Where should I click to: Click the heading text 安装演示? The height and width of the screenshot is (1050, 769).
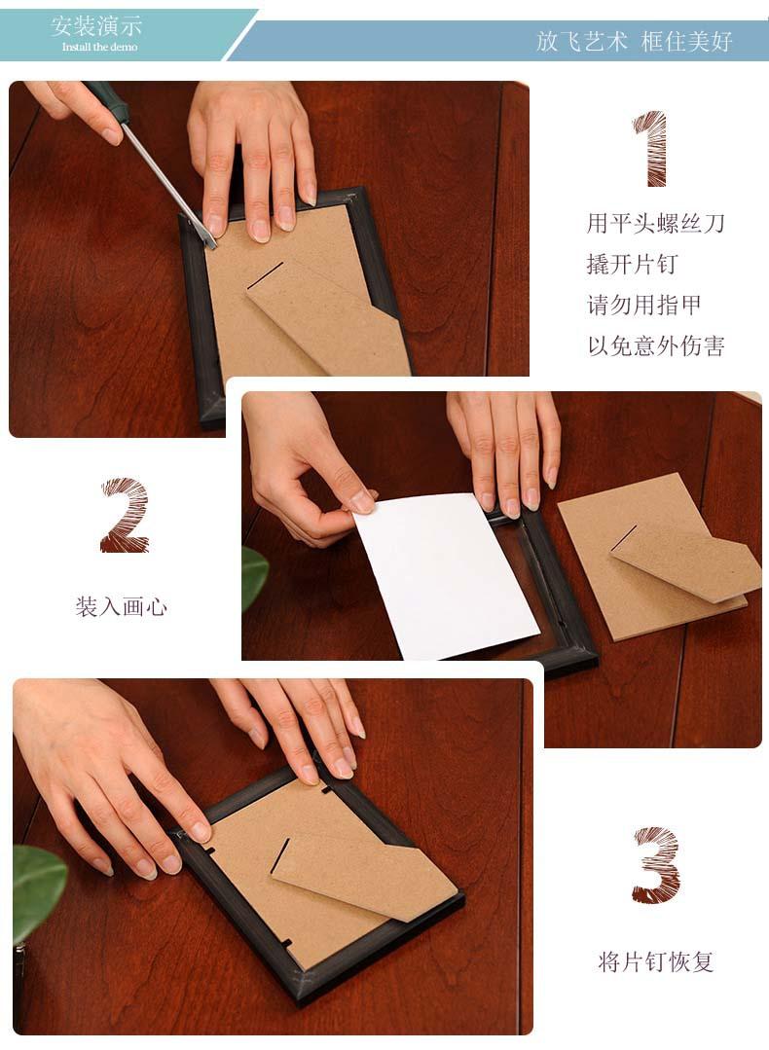(96, 27)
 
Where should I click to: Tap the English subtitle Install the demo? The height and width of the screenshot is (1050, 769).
(100, 47)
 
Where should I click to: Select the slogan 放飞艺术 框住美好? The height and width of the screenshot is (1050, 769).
(634, 42)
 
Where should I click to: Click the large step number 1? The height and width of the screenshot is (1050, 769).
(650, 149)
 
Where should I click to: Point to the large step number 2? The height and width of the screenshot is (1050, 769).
(124, 515)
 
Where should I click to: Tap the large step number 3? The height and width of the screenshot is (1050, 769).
(656, 864)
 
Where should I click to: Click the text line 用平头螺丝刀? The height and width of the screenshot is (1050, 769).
(656, 223)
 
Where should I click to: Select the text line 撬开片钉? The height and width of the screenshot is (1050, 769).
(633, 264)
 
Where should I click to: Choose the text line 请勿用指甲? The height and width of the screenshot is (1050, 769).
(643, 305)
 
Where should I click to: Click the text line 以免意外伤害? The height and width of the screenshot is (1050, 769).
(656, 345)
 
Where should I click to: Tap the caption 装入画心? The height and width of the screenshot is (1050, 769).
(121, 606)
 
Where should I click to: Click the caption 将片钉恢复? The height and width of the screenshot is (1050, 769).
(656, 961)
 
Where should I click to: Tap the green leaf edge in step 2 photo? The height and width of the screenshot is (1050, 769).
(254, 577)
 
